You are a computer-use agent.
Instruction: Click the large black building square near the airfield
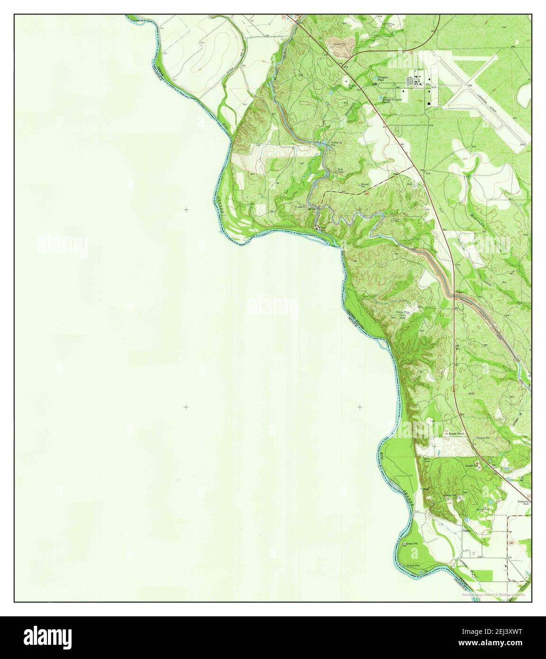[x=429, y=103]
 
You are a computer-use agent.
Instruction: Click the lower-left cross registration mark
[x=186, y=407]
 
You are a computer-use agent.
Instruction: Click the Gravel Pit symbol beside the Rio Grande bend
[x=405, y=544]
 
